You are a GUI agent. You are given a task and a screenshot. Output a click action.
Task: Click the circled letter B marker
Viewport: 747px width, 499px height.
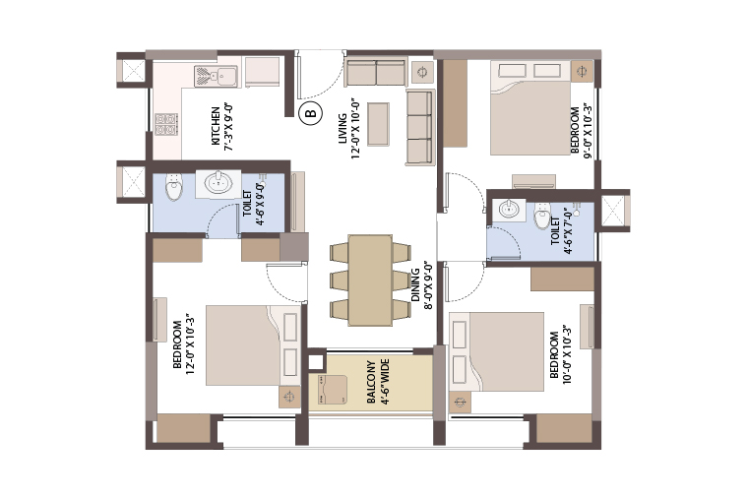click(x=310, y=113)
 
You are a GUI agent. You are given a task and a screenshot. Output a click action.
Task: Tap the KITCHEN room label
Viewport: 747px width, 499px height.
click(x=216, y=126)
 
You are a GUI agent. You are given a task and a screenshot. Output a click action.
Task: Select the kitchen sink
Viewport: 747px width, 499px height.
click(x=216, y=76)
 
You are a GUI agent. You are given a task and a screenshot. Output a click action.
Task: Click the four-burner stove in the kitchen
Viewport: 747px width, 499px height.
click(x=166, y=124)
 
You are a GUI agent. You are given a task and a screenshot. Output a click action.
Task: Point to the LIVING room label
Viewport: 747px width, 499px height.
click(x=342, y=129)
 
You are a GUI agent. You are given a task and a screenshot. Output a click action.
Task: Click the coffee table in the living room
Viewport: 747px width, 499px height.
click(x=378, y=124)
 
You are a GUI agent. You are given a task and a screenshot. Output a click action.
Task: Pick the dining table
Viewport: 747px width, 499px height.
click(x=370, y=281)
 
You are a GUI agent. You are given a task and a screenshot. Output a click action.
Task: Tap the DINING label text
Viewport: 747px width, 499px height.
click(x=415, y=285)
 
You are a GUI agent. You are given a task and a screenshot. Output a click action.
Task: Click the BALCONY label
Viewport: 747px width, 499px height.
click(x=372, y=382)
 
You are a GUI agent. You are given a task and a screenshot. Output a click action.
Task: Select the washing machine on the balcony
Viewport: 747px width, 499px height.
click(x=332, y=390)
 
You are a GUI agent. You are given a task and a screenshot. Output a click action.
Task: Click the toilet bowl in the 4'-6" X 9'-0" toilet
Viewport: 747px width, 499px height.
click(x=174, y=187)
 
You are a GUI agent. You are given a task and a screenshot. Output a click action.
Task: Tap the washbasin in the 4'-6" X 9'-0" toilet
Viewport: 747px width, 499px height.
click(x=218, y=183)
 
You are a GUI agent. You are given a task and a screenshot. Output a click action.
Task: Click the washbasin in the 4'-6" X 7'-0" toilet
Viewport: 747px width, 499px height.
click(x=509, y=211)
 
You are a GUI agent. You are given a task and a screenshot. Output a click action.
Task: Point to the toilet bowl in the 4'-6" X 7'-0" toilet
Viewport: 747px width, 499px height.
click(x=541, y=216)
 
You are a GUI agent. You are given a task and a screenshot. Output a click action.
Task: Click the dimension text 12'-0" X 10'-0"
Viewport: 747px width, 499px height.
click(x=356, y=130)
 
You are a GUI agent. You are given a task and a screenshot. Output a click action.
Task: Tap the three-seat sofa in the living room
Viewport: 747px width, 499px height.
click(x=419, y=127)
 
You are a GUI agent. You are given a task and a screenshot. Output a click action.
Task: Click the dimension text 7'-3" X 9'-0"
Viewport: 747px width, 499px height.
click(x=228, y=127)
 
